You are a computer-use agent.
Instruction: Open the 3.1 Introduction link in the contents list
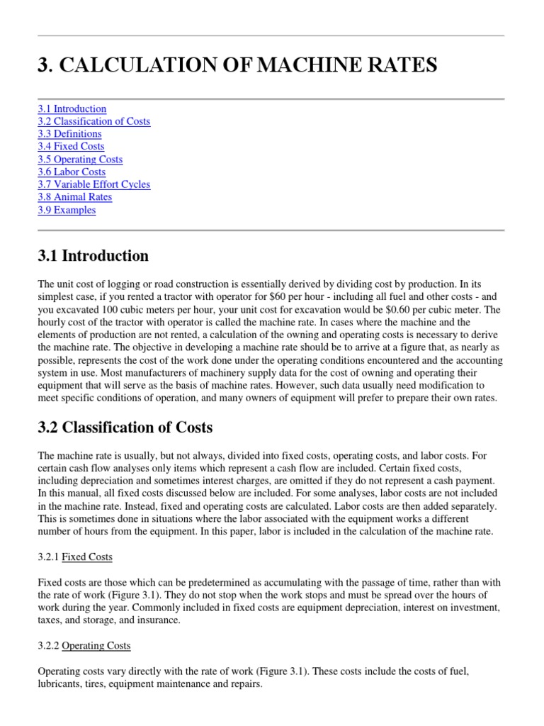(x=72, y=108)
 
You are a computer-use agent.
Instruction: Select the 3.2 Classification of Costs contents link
(x=93, y=121)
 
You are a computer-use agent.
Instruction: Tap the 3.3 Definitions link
(x=69, y=134)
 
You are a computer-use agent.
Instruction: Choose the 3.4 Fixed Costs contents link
(x=71, y=147)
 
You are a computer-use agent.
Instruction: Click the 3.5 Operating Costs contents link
(x=80, y=160)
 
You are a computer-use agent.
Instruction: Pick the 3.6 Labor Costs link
(x=72, y=172)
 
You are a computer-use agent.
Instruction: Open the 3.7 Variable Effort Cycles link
(x=93, y=184)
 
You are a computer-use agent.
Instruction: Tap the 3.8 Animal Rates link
(x=75, y=197)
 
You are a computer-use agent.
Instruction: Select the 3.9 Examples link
(x=67, y=210)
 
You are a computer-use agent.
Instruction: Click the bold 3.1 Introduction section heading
(x=93, y=256)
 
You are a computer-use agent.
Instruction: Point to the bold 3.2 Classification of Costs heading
(x=125, y=428)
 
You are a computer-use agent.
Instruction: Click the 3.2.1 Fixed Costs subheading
(x=74, y=557)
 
